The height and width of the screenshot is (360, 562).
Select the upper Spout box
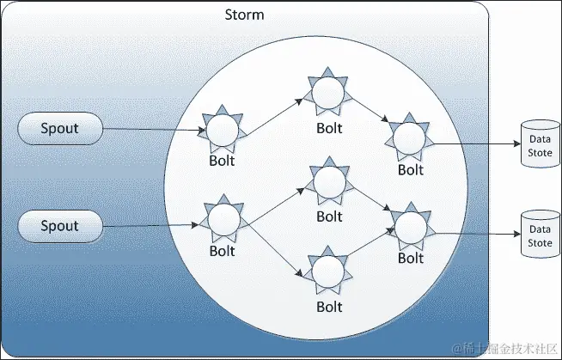[x=59, y=129]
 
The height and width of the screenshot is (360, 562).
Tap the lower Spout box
[x=59, y=226]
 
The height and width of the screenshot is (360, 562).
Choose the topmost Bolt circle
[x=328, y=92]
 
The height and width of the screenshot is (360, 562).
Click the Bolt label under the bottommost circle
[x=328, y=307]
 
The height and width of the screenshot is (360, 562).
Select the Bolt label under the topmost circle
[x=328, y=129]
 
